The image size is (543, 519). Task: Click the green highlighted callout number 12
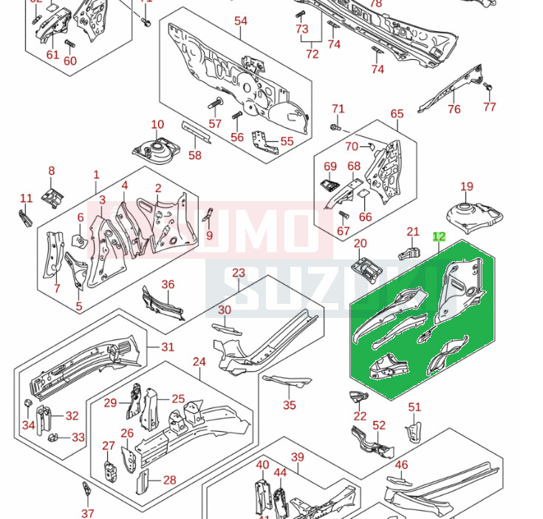click(439, 237)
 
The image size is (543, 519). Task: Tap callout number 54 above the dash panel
click(241, 21)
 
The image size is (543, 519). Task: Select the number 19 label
click(467, 187)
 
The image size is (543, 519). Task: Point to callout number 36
click(168, 285)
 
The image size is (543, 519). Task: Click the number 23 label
click(238, 273)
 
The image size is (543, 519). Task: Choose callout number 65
click(397, 114)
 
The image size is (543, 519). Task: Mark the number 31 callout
click(168, 347)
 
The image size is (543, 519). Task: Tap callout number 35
click(290, 405)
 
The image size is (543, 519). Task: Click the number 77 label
click(490, 107)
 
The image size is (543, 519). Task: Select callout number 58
click(195, 155)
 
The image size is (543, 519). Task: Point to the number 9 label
click(210, 236)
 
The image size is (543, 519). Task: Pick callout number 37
click(88, 514)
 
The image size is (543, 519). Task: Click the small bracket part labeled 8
click(51, 197)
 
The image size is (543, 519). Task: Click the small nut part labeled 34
click(27, 403)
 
